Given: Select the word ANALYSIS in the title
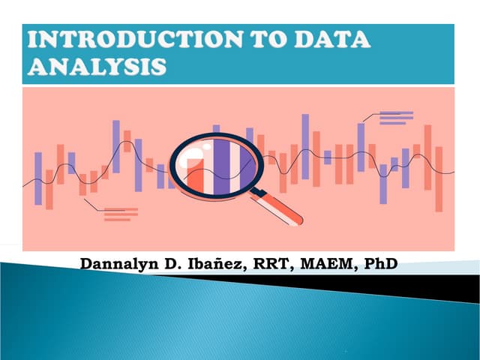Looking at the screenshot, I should (x=97, y=67).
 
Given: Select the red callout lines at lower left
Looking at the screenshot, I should (x=120, y=214).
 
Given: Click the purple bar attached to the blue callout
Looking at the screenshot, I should (x=361, y=147).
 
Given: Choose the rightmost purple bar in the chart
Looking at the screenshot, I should (x=406, y=168).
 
